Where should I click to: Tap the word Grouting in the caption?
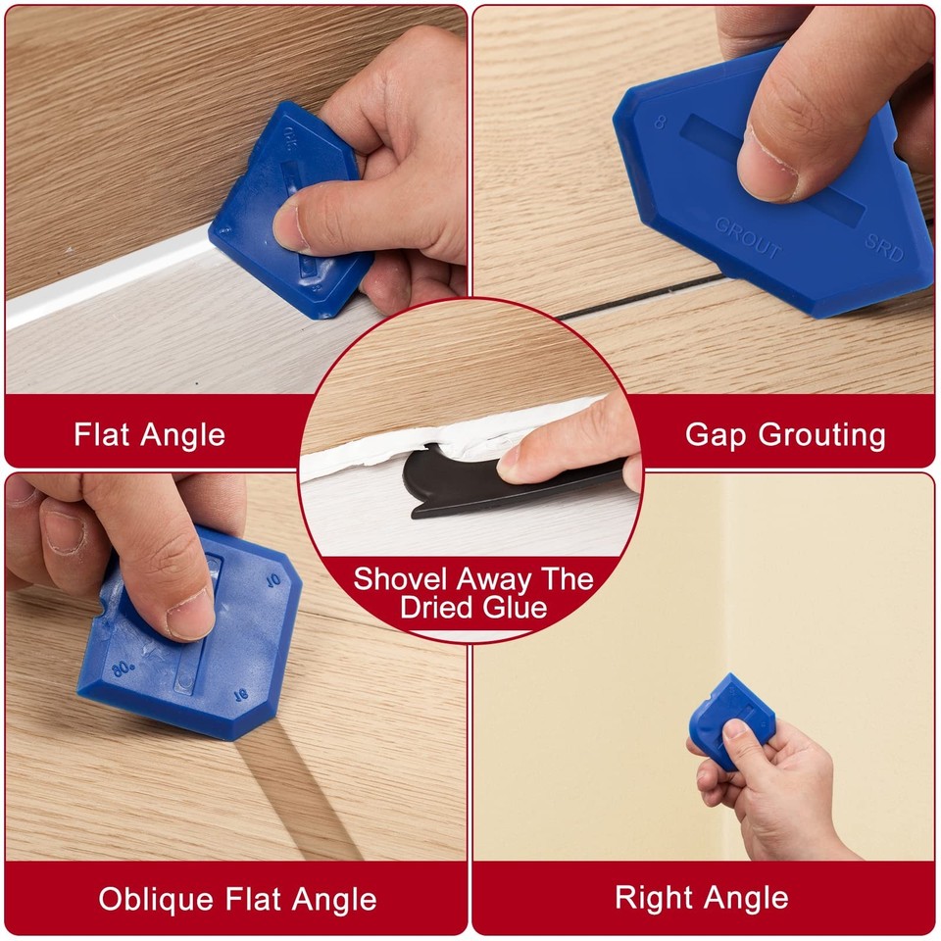[828, 434]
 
